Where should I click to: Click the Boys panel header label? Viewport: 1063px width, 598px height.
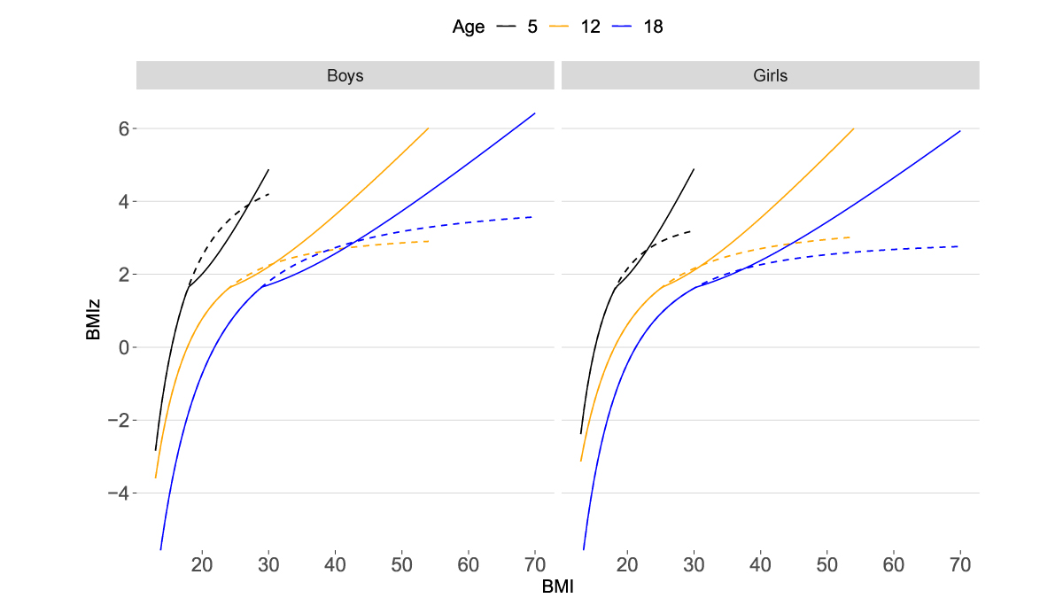(x=345, y=75)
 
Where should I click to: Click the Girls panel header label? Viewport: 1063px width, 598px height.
(x=770, y=75)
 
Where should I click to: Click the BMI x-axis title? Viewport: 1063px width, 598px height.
(x=558, y=586)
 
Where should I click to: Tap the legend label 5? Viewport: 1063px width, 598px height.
(x=531, y=27)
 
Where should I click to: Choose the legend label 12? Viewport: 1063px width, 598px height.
(x=590, y=27)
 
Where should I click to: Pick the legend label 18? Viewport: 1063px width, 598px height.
(x=653, y=27)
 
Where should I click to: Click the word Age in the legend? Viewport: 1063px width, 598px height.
(x=469, y=27)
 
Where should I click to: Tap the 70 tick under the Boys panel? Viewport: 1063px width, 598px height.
(x=534, y=565)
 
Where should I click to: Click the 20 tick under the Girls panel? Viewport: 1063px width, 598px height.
(x=627, y=565)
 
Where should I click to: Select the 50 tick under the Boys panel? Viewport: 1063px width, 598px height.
(x=401, y=565)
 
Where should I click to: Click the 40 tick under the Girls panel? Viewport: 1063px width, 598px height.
(x=760, y=565)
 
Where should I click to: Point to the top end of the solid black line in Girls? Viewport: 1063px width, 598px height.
(x=694, y=169)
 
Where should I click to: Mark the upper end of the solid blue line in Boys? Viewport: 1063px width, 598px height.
(x=535, y=113)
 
